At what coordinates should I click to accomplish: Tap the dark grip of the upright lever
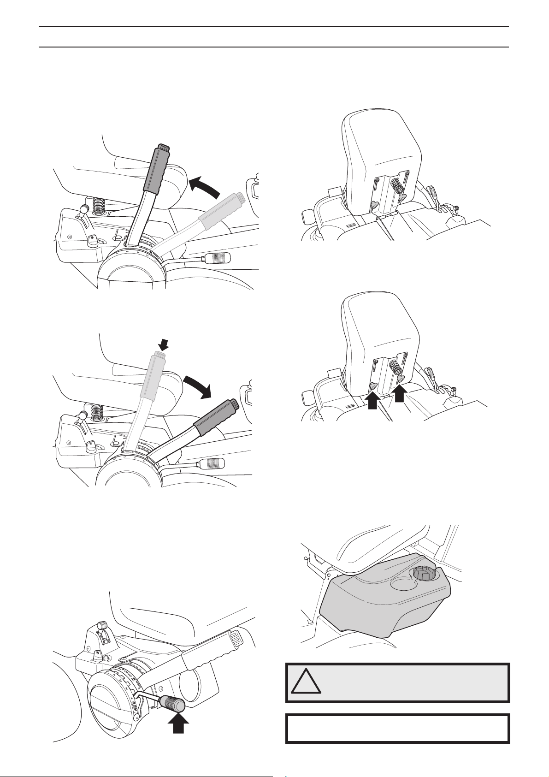(157, 168)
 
